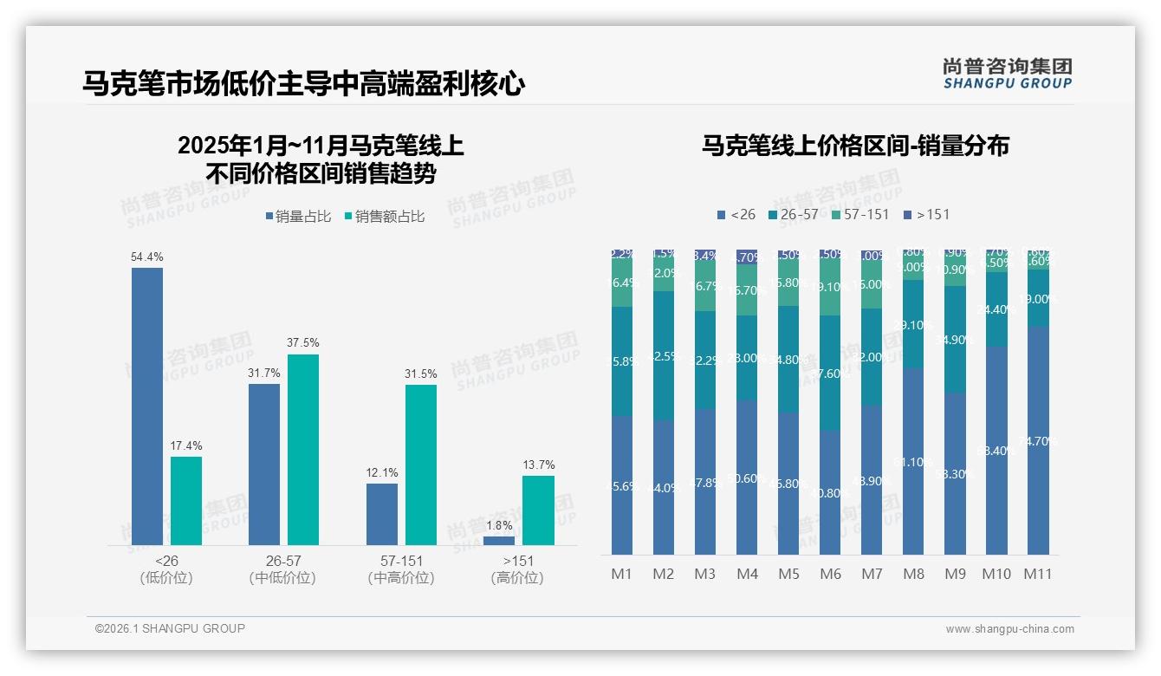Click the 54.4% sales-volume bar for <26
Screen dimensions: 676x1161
pos(147,406)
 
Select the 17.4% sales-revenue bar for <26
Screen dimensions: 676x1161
pos(186,501)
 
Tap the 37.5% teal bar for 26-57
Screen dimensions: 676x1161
pos(303,449)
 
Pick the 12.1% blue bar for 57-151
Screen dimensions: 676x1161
pos(382,514)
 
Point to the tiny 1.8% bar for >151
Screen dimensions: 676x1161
pos(499,541)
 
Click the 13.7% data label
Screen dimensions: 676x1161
pos(538,465)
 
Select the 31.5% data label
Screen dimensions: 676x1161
pos(421,374)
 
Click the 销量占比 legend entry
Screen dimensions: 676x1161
pos(297,217)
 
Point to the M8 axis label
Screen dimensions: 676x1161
pos(913,574)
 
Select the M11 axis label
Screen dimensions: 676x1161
pos(1037,574)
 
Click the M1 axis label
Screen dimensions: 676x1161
pos(621,574)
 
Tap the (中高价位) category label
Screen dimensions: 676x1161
pos(401,578)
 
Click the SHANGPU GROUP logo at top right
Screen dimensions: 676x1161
pos(1007,74)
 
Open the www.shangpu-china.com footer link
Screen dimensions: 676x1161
pos(1009,629)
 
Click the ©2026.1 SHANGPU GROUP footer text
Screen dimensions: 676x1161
pos(170,628)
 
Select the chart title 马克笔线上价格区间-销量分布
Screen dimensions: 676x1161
pos(855,146)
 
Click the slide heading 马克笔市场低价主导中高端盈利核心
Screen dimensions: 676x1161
pos(303,84)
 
